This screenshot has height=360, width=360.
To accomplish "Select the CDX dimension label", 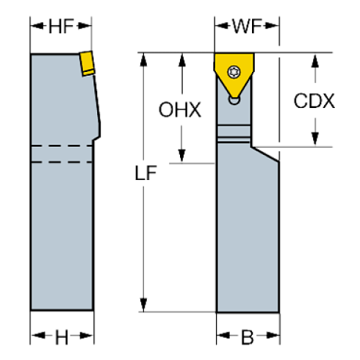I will [314, 101].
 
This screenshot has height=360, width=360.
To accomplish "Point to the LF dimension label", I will [145, 175].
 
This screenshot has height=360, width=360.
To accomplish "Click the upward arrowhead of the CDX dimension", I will [314, 59].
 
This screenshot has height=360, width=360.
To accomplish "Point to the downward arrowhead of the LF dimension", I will [145, 304].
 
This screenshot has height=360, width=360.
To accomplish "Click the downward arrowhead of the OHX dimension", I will [180, 156].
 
